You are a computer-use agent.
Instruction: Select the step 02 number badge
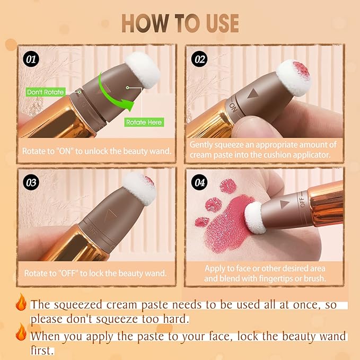click(200, 59)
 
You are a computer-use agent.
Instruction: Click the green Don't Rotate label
click(46, 92)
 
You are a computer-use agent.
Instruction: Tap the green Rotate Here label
click(144, 122)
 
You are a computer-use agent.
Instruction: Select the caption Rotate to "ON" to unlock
click(96, 151)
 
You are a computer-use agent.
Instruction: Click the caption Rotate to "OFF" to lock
click(96, 274)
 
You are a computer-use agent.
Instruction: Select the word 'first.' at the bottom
click(43, 350)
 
